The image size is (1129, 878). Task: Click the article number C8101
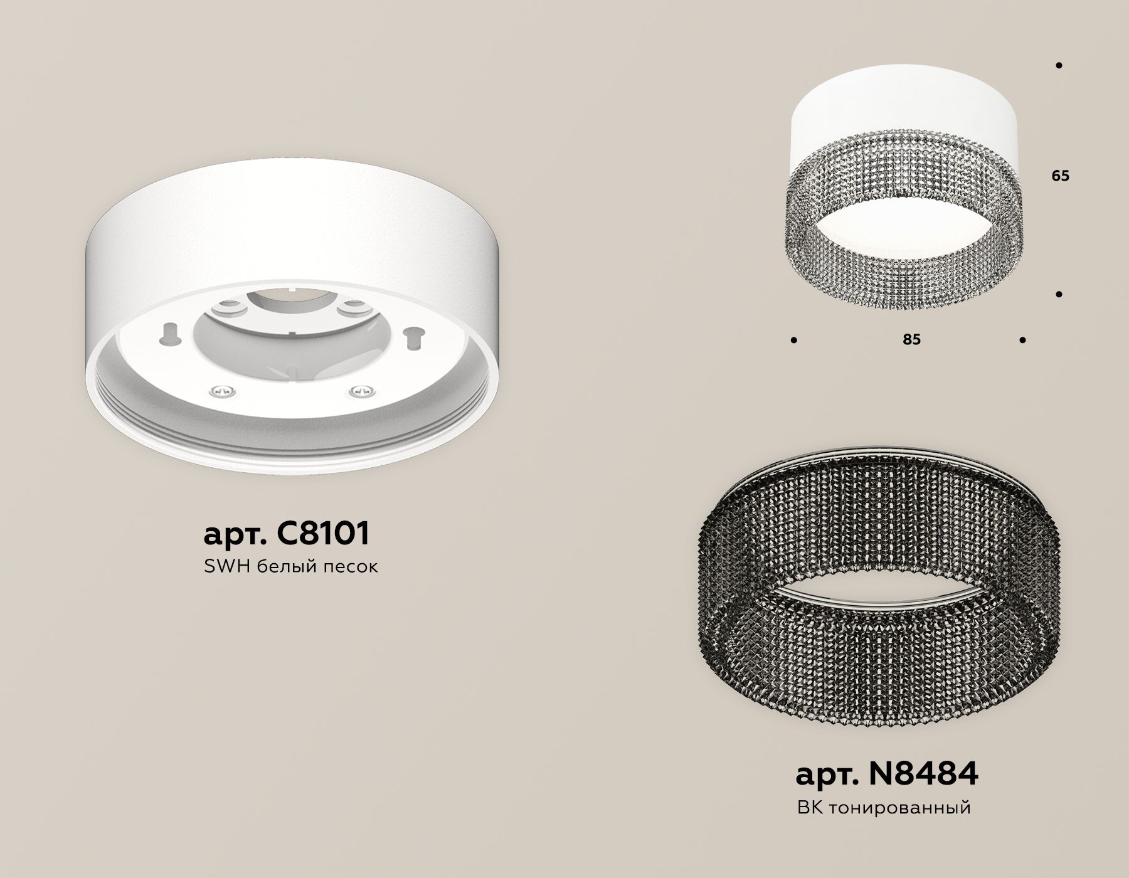point(287,534)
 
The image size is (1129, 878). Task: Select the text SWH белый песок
point(291,567)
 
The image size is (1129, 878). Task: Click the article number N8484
point(886,774)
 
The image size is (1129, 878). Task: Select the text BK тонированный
point(884,807)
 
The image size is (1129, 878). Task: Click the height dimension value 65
point(1060,176)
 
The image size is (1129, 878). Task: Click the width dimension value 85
point(911,339)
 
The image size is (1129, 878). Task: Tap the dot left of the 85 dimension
point(795,341)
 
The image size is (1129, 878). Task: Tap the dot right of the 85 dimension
point(1022,341)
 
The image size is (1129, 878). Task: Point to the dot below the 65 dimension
point(1059,294)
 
